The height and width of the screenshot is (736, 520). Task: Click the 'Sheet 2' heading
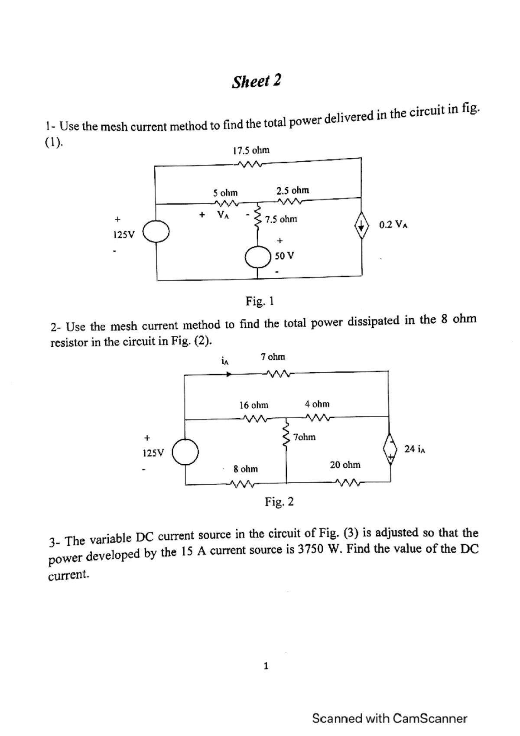tap(256, 81)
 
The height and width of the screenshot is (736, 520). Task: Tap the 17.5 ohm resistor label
tap(251, 150)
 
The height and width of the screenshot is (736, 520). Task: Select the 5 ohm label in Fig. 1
tap(225, 192)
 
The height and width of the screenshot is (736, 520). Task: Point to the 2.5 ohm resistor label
tap(293, 190)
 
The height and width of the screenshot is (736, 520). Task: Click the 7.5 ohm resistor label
tap(281, 219)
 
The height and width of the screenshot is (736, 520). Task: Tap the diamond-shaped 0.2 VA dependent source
tap(362, 225)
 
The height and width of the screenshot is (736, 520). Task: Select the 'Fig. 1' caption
tap(260, 300)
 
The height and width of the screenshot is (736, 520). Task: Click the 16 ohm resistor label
tap(254, 405)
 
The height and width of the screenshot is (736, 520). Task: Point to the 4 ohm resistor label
tap(317, 404)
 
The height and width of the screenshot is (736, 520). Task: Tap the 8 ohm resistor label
tap(246, 469)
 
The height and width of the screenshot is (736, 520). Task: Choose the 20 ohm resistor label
tap(345, 465)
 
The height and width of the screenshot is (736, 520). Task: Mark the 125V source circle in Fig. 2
tap(185, 453)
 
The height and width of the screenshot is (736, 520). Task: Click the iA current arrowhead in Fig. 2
tap(228, 375)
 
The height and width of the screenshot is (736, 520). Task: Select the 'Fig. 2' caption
tap(279, 502)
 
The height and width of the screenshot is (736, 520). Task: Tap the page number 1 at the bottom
tap(266, 666)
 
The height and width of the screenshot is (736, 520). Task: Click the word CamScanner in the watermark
tap(430, 718)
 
